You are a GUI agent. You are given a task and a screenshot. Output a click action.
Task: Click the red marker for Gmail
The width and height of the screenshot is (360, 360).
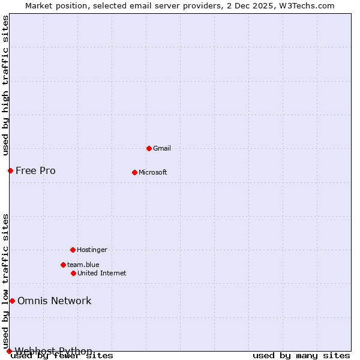tap(149, 148)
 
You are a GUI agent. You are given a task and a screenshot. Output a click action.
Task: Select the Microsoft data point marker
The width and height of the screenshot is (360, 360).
tap(134, 172)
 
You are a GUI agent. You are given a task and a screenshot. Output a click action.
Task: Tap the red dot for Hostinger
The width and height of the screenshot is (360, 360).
tap(73, 250)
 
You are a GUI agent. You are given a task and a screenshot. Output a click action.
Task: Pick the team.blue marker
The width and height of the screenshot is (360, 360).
tap(63, 265)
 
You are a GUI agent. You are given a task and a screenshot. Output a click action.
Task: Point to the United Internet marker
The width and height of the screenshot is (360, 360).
tap(73, 273)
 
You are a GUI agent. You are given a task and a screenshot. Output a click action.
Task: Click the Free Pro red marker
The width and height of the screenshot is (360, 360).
tap(10, 170)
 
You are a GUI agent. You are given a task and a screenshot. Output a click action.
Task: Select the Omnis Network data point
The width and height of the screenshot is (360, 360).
tap(12, 301)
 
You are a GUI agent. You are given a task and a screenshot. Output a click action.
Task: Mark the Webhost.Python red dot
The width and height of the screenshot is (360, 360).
tap(9, 351)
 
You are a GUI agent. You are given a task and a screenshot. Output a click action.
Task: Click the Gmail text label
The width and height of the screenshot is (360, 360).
tap(162, 148)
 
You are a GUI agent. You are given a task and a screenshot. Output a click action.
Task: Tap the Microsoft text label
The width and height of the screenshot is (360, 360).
tap(153, 172)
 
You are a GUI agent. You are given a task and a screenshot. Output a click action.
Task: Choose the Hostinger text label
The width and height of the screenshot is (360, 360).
tap(92, 250)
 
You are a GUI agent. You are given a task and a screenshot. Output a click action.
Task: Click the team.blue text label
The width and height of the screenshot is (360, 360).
tap(83, 265)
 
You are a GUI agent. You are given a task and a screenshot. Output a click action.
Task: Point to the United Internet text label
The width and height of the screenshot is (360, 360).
tap(102, 273)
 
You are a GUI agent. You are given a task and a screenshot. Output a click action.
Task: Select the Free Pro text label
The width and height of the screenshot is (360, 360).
tap(35, 170)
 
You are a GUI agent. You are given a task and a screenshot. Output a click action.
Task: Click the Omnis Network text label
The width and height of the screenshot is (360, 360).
tap(55, 301)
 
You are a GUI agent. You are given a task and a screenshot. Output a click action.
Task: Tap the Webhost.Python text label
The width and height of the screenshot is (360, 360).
tap(53, 351)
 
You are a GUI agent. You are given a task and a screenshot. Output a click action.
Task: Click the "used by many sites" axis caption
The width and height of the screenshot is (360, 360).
tap(301, 356)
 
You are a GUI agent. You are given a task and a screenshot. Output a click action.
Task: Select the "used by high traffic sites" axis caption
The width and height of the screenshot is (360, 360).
tap(5, 86)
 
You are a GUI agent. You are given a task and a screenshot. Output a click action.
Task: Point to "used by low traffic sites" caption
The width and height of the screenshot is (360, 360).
tap(5, 281)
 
